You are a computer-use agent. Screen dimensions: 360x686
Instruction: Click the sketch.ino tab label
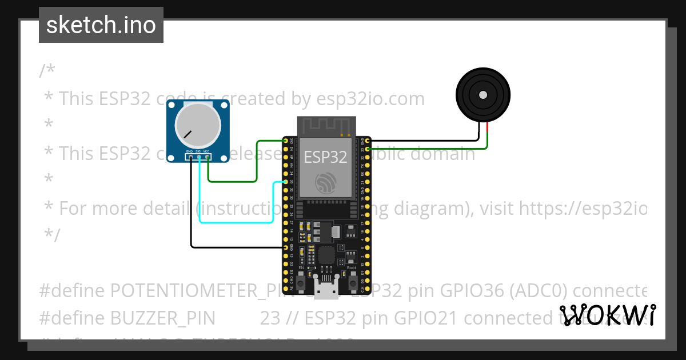coord(101,25)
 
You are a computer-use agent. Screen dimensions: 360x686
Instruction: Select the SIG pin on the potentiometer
coord(199,157)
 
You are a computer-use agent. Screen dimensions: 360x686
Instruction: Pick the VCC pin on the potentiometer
coord(207,157)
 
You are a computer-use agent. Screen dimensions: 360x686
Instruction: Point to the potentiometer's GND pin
coord(191,157)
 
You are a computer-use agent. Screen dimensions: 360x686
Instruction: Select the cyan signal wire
coord(234,222)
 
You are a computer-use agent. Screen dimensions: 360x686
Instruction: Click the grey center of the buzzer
coord(483,94)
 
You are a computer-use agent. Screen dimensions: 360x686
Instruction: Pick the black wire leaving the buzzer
coord(423,140)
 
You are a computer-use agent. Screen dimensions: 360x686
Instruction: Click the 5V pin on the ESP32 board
coord(285,289)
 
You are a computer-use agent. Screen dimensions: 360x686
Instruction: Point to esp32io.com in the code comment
coord(370,99)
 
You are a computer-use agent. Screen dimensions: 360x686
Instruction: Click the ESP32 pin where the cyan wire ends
coord(285,182)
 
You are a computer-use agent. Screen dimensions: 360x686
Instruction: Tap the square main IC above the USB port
coord(327,255)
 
